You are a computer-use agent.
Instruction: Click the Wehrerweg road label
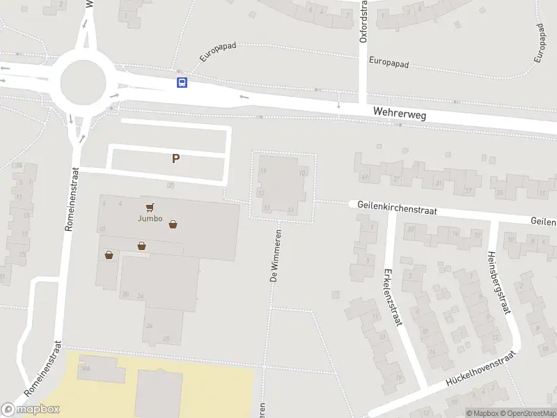399,112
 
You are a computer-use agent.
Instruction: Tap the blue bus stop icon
182,83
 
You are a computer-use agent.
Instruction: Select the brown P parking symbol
176,158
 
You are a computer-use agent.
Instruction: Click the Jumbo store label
150,219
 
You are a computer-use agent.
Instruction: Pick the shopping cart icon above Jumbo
150,208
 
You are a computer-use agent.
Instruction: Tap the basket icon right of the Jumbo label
173,224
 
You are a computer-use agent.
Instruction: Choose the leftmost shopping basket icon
109,255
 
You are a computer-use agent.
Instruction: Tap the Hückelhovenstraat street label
480,369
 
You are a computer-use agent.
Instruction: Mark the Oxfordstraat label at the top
363,22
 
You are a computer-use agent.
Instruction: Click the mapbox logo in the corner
31,409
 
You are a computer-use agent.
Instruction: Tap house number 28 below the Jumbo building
166,339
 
